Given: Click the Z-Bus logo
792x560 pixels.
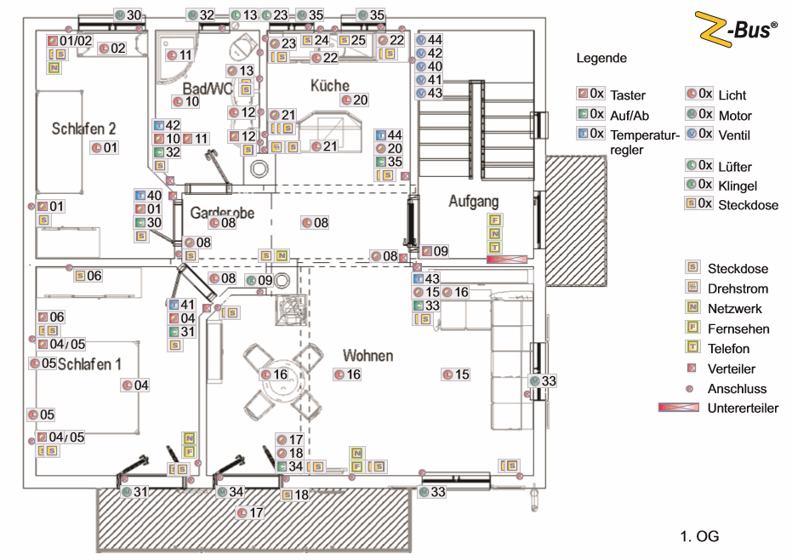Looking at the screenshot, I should [x=737, y=28].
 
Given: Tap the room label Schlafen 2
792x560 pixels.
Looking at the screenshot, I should [x=83, y=129].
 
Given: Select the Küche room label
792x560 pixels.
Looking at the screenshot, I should [x=329, y=86].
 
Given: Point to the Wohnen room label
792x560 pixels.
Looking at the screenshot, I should [x=367, y=353].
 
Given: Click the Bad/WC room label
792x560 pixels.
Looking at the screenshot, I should [x=208, y=89].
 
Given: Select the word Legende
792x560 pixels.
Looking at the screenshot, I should [x=601, y=59].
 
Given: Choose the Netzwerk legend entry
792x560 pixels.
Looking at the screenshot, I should [x=734, y=309].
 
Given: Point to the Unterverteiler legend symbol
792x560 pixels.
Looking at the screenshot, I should [x=679, y=409].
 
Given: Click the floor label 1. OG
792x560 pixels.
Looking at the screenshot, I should [x=699, y=536].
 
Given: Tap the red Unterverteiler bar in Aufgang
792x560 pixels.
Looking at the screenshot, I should [x=508, y=257].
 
